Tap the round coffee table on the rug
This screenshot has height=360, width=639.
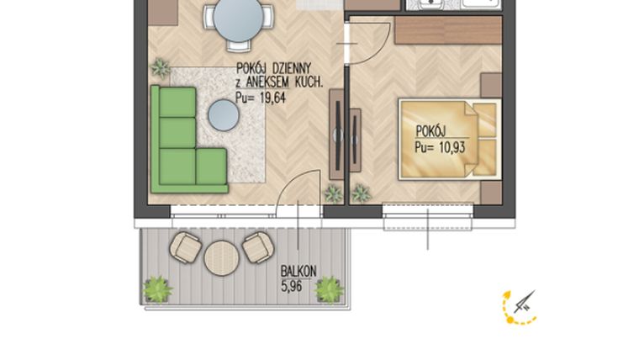pyautogui.click(x=224, y=114)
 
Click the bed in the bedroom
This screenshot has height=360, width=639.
pyautogui.click(x=447, y=140)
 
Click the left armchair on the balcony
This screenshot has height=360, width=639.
pyautogui.click(x=185, y=247)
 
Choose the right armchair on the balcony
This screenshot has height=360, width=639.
pyautogui.click(x=257, y=247)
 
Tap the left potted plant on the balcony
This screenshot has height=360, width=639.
pyautogui.click(x=156, y=289)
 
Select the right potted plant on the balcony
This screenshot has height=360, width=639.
pyautogui.click(x=329, y=289)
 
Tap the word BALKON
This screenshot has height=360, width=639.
pyautogui.click(x=298, y=272)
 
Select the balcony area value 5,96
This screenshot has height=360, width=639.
pyautogui.click(x=291, y=285)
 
